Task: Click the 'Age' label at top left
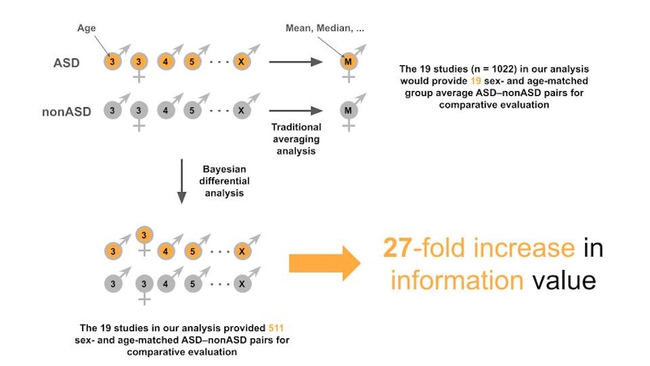86,27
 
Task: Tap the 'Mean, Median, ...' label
324,27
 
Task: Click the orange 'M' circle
349,62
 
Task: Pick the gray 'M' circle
349,110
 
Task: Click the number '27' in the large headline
399,247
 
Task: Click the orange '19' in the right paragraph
478,83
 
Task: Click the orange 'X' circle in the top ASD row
240,62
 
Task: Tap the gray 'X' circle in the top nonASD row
240,110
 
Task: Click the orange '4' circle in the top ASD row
166,62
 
